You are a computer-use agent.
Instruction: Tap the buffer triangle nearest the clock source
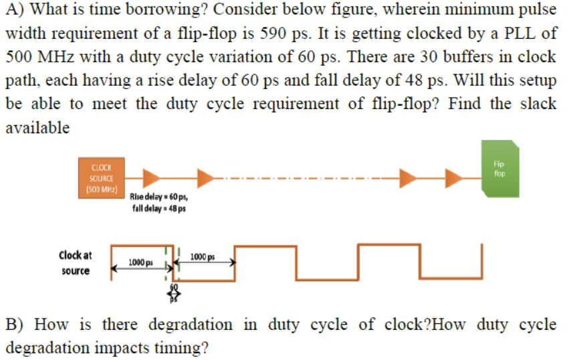[x=151, y=177]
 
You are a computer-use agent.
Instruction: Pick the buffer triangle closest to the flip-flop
[x=455, y=177]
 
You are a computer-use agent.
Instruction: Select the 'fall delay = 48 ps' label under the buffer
[x=159, y=207]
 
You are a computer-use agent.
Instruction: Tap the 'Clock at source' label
[x=75, y=262]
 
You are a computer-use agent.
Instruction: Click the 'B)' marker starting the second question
[x=15, y=325]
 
